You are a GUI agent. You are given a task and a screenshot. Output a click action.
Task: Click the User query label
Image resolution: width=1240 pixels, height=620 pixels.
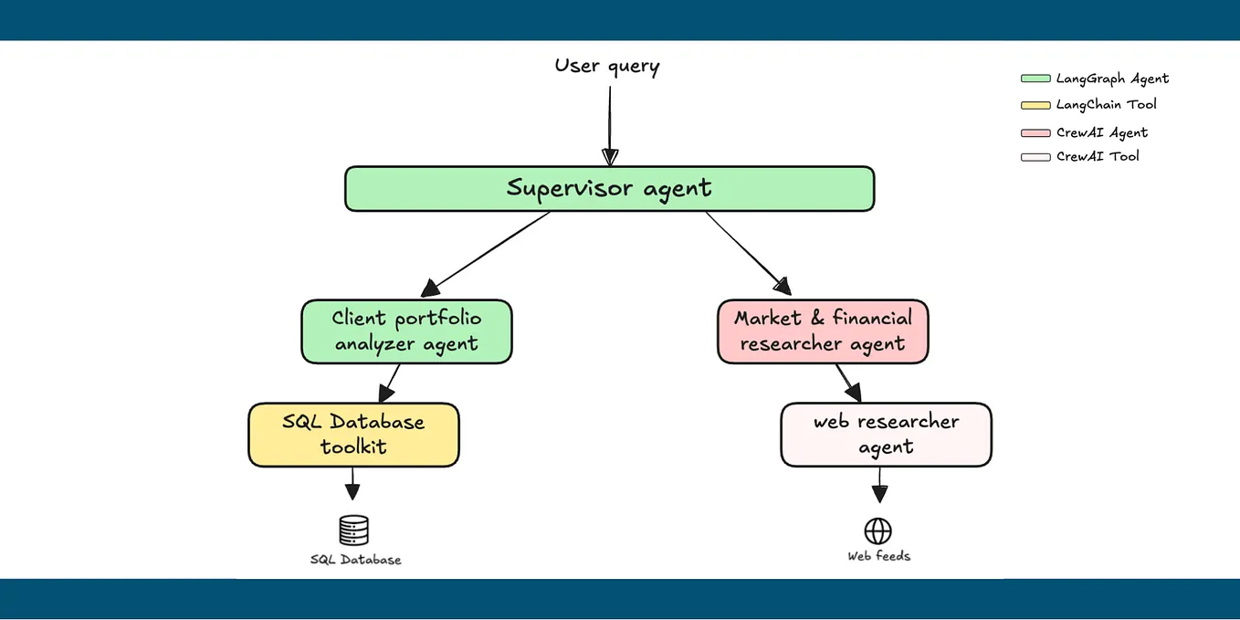pyautogui.click(x=606, y=66)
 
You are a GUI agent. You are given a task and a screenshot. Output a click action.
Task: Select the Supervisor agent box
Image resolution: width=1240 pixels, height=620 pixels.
pyautogui.click(x=609, y=189)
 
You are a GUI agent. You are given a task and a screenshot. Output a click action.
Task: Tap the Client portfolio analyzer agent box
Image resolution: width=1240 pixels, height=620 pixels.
pyautogui.click(x=406, y=331)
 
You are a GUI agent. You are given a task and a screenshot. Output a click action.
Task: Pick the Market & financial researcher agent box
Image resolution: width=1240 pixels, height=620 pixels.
pyautogui.click(x=823, y=331)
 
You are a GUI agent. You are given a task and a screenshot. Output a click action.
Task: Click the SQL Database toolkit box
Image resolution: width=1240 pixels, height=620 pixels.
pyautogui.click(x=353, y=435)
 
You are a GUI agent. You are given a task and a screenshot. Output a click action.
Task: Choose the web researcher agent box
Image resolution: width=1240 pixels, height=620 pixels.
pyautogui.click(x=886, y=435)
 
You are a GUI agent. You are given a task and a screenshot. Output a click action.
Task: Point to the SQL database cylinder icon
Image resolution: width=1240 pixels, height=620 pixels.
pyautogui.click(x=353, y=530)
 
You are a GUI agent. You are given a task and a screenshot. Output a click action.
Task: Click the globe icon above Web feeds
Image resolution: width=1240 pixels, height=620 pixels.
pyautogui.click(x=877, y=531)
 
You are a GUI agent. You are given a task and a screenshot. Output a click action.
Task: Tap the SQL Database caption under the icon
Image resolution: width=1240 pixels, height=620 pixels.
pyautogui.click(x=355, y=559)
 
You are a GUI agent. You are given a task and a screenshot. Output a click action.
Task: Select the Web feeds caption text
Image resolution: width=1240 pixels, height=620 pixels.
pyautogui.click(x=878, y=555)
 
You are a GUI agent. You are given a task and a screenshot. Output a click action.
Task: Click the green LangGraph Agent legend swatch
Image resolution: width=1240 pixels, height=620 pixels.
pyautogui.click(x=1035, y=79)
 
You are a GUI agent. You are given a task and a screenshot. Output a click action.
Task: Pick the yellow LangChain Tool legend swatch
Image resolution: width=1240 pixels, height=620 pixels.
pyautogui.click(x=1035, y=105)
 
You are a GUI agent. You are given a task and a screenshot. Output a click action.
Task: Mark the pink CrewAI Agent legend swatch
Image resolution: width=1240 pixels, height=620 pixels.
pyautogui.click(x=1035, y=132)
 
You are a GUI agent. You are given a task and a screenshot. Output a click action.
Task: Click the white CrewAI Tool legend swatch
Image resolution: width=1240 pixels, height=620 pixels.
pyautogui.click(x=1035, y=157)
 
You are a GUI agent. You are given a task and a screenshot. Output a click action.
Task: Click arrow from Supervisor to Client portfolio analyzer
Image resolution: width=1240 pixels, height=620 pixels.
pyautogui.click(x=489, y=251)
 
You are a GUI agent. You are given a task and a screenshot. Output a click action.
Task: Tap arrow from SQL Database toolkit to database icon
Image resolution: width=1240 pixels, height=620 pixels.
pyautogui.click(x=352, y=482)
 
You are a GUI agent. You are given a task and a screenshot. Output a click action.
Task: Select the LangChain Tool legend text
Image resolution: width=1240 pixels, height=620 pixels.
pyautogui.click(x=1106, y=104)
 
